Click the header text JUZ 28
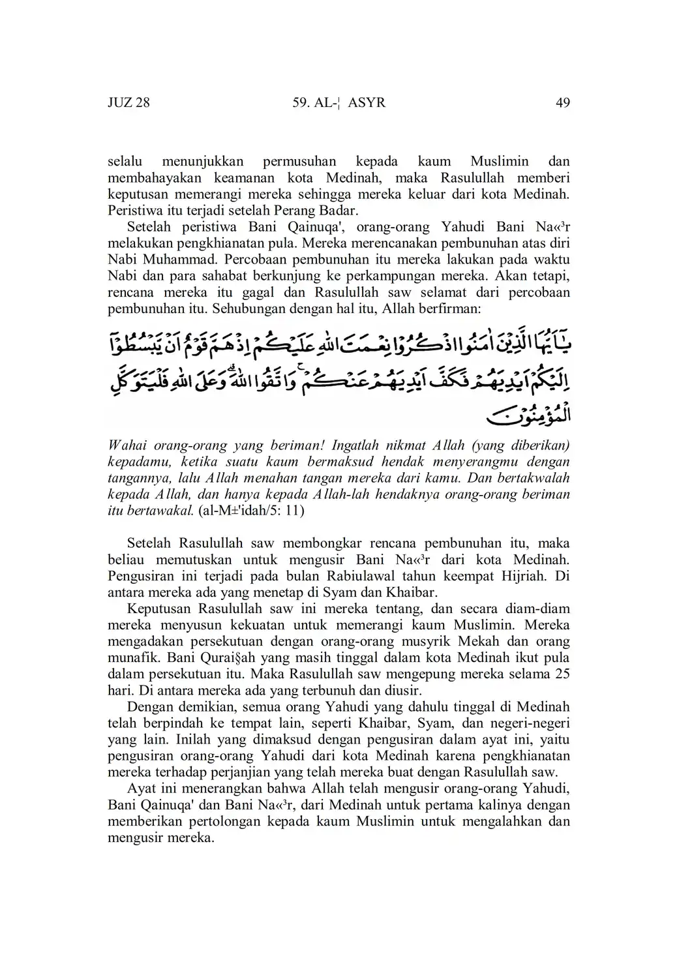(x=128, y=102)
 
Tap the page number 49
(x=563, y=102)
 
